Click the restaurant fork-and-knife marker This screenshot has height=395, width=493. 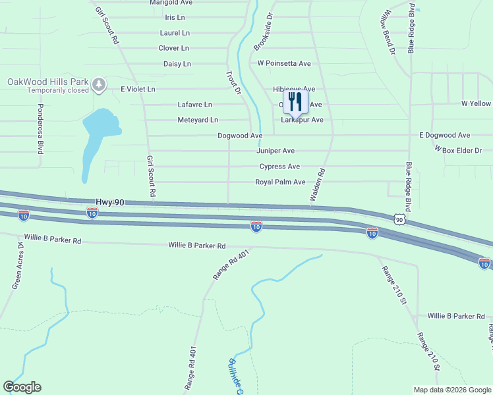(295, 102)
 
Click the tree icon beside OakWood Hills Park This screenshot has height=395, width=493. (99, 84)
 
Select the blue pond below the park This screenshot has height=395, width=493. (96, 135)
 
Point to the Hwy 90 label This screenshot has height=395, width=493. (110, 203)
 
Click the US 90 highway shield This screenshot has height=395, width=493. (399, 218)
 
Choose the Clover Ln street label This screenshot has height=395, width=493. (173, 48)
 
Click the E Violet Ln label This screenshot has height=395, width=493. (138, 89)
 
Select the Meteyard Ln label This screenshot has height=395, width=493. (198, 120)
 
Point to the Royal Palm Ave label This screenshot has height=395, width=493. (280, 182)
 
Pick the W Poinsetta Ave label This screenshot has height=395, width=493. (284, 64)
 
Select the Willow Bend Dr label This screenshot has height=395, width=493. (386, 31)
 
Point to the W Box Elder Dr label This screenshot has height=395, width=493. (458, 151)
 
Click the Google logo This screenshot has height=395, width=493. (22, 387)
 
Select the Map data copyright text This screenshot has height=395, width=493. (452, 390)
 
